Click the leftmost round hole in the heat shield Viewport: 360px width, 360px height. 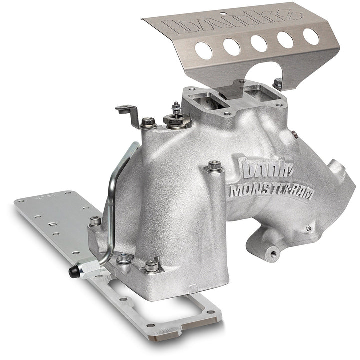pos(203,50)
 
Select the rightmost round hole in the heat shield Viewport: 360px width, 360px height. pos(311,35)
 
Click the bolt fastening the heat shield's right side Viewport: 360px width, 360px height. pos(277,82)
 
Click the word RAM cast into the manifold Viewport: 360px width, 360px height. pos(300,192)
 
